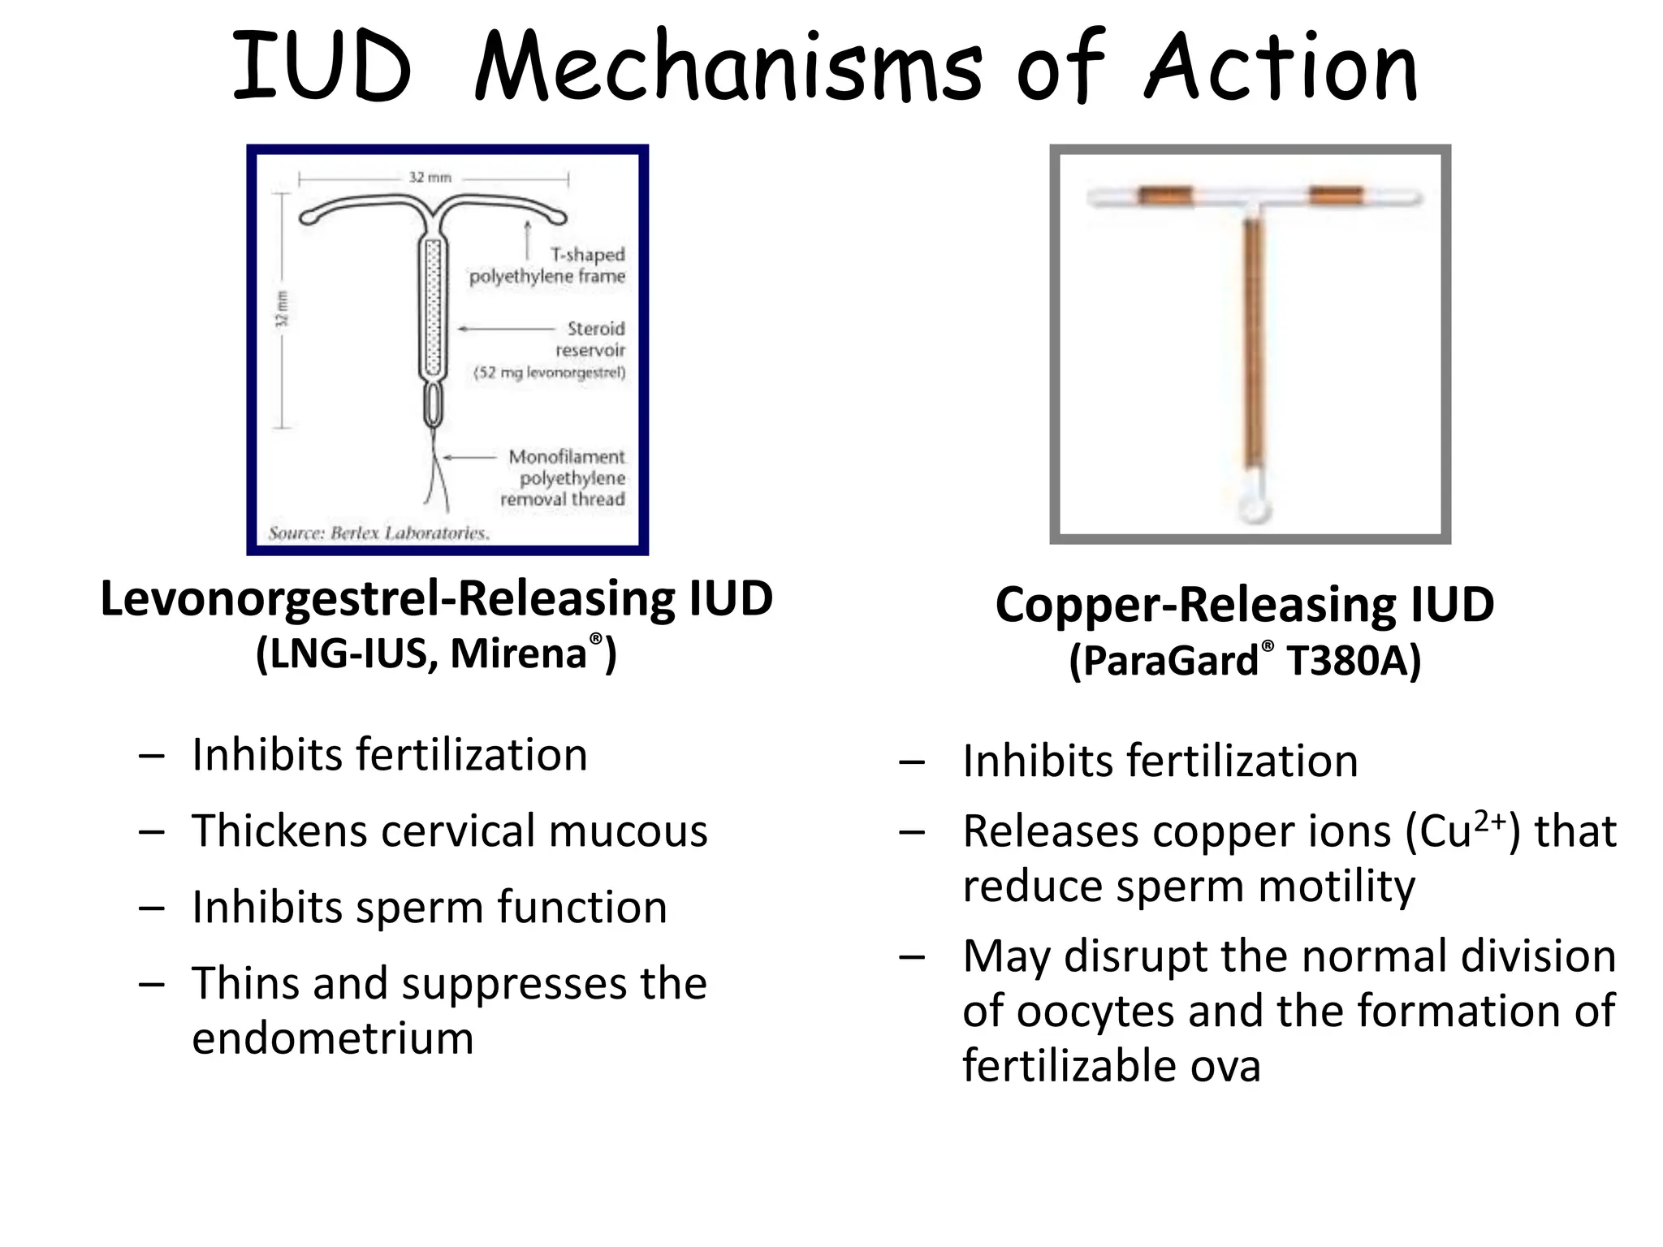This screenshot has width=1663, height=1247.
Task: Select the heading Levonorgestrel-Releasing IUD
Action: click(436, 599)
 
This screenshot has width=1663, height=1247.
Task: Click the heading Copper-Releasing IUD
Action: click(1244, 605)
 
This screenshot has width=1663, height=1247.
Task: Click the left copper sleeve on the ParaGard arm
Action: click(1164, 196)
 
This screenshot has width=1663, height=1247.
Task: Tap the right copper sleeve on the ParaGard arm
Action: click(1335, 196)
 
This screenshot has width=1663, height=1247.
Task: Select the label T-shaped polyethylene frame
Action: click(547, 265)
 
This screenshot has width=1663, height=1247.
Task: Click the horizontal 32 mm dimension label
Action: click(430, 177)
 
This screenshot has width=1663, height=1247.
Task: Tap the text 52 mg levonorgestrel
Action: click(551, 373)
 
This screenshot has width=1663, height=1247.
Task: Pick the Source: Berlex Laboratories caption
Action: click(378, 533)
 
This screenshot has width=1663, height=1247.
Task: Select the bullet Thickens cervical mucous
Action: click(449, 831)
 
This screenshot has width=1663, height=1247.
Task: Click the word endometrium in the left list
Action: click(333, 1038)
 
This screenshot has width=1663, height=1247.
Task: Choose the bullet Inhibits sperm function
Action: click(430, 907)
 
